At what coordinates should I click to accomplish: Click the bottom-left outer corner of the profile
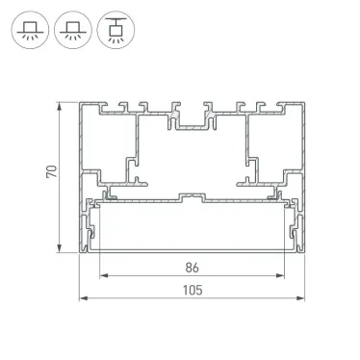(79, 257)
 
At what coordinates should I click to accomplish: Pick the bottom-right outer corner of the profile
(303, 257)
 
